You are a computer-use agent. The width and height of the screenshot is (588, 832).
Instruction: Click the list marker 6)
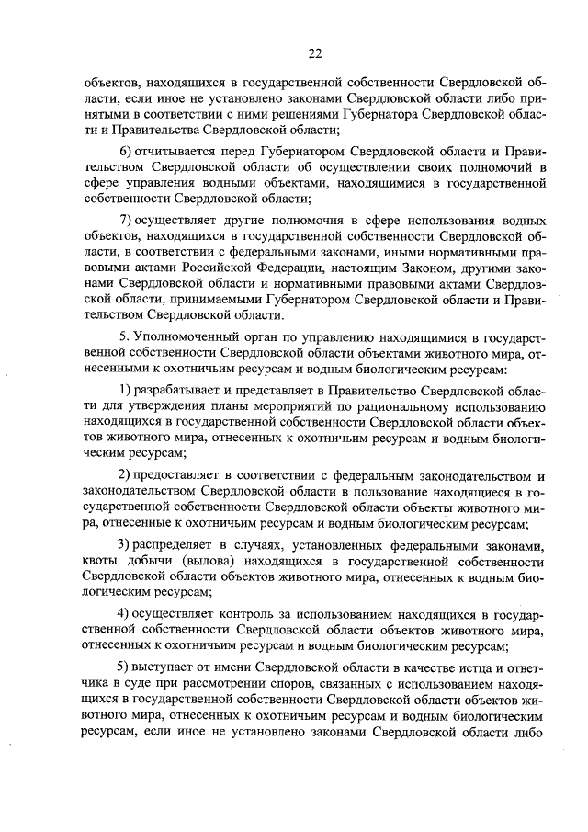coord(128,151)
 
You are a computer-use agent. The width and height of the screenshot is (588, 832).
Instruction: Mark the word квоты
coord(100,559)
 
